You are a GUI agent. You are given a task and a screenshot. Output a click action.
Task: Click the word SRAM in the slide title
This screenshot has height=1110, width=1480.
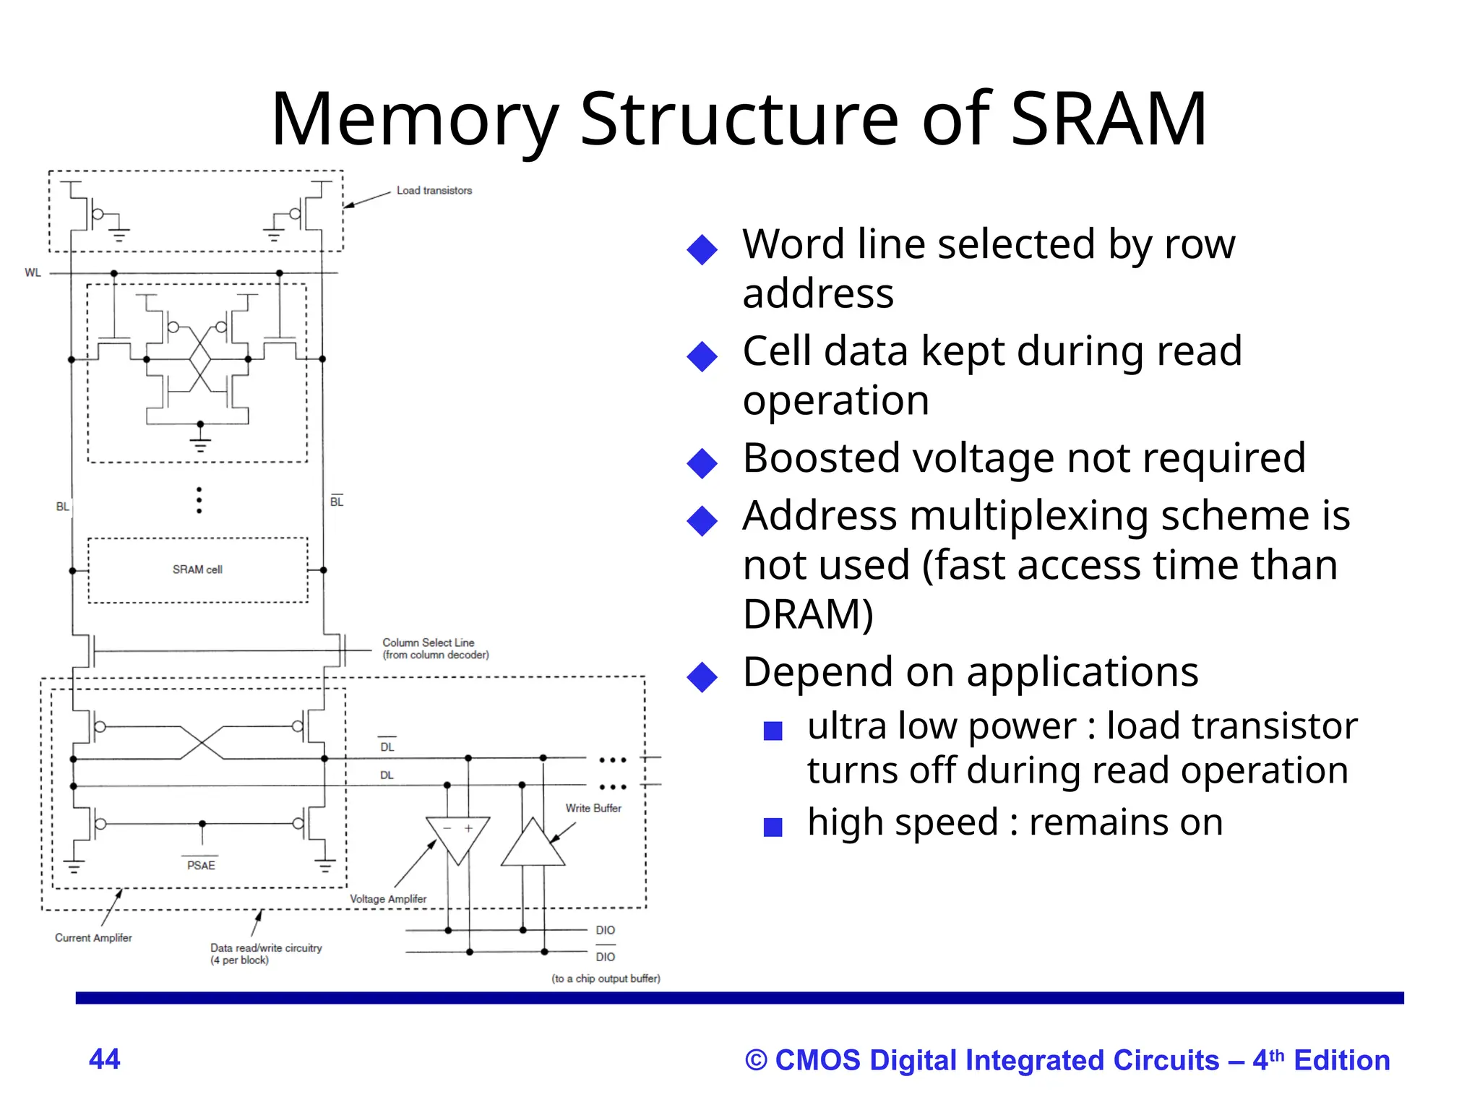(x=1108, y=119)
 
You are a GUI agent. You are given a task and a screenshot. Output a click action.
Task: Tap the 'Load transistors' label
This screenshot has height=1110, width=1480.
(x=434, y=191)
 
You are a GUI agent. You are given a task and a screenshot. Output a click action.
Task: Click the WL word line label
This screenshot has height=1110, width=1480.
(x=33, y=272)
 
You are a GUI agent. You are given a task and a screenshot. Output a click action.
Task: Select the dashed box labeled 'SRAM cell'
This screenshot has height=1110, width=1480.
(x=197, y=569)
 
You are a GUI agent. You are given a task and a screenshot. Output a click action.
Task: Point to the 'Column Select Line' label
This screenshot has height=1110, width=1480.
(x=429, y=642)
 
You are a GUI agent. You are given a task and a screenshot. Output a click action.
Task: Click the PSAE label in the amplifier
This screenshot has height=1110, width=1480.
(x=201, y=865)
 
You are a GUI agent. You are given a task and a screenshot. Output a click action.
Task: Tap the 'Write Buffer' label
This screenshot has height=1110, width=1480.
(x=593, y=808)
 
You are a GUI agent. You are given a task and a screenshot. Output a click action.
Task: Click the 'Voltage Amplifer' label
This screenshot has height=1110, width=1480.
(x=388, y=899)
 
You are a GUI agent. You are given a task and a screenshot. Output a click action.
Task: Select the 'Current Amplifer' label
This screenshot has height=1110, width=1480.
(x=93, y=937)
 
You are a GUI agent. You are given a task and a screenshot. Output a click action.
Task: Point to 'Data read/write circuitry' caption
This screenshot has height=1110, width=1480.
(x=266, y=948)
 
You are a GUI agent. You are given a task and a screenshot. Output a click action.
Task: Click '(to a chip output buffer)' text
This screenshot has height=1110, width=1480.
(x=606, y=978)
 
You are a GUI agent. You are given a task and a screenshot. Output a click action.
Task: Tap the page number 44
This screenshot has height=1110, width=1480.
(x=104, y=1059)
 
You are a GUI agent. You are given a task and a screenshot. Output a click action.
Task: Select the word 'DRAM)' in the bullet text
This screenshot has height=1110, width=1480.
(x=808, y=614)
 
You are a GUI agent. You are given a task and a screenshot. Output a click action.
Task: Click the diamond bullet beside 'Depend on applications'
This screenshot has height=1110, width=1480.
(x=702, y=677)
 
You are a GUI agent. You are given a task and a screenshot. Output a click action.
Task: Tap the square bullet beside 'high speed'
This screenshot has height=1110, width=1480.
(x=773, y=827)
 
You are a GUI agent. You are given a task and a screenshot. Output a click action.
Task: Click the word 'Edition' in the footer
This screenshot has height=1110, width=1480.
(x=1341, y=1060)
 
